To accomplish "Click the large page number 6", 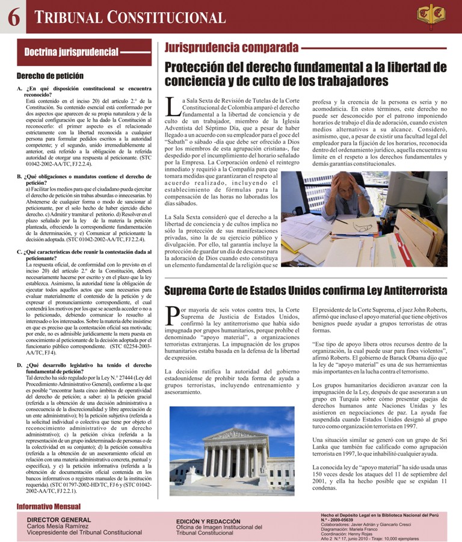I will [x=13, y=17].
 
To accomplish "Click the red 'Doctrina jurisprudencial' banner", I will [x=84, y=52].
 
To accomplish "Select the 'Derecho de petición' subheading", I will [x=49, y=76].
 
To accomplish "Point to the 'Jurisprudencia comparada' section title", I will [x=231, y=48].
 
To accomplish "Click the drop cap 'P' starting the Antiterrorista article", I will [x=172, y=315].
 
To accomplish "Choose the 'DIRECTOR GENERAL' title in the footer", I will [x=59, y=519].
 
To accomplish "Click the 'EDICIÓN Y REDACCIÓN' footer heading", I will [x=208, y=521].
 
